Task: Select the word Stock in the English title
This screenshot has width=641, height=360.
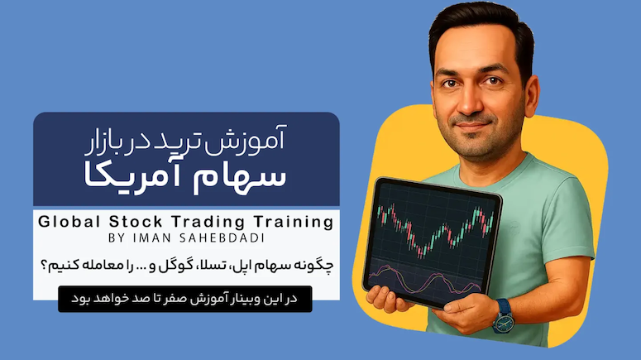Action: (136, 222)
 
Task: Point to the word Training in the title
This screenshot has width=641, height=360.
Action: (294, 223)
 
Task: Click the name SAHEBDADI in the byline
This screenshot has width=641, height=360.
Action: (222, 238)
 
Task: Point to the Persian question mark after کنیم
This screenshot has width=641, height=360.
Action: (44, 266)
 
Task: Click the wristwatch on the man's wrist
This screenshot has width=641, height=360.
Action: (503, 316)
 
